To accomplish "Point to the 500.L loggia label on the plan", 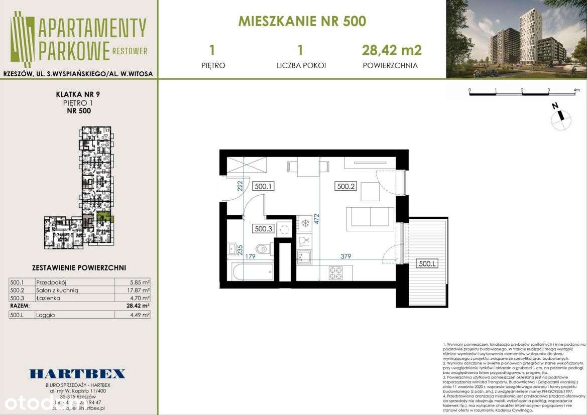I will (427, 263).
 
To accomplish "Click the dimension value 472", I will (316, 219).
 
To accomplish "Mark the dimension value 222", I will (241, 187).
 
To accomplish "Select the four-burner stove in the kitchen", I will (335, 273).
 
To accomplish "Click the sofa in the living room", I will (370, 217).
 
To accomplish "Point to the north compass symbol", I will (561, 117).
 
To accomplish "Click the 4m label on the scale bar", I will (576, 90).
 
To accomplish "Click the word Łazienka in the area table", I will (48, 298).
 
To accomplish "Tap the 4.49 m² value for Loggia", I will (139, 315).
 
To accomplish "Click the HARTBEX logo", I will (77, 373).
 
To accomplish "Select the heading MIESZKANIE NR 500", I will (302, 21).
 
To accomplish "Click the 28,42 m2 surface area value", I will (392, 50).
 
